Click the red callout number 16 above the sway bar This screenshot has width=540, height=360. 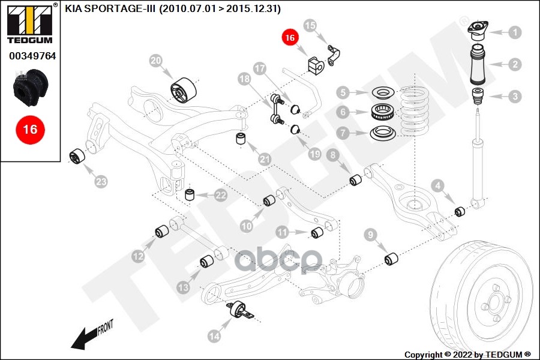[290, 37]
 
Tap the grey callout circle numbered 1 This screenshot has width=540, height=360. [515, 32]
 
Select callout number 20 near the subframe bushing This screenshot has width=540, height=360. [156, 61]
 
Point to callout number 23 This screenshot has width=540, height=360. [101, 181]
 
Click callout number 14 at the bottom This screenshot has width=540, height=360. [214, 337]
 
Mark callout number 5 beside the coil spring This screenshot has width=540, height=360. [343, 92]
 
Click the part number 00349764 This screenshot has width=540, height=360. [32, 56]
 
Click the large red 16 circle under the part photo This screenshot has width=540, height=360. [29, 129]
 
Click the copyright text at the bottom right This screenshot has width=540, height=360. [467, 353]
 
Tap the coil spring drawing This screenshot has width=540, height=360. [424, 112]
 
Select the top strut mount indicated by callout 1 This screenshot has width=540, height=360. [478, 31]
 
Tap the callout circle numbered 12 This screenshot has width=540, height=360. [138, 256]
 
